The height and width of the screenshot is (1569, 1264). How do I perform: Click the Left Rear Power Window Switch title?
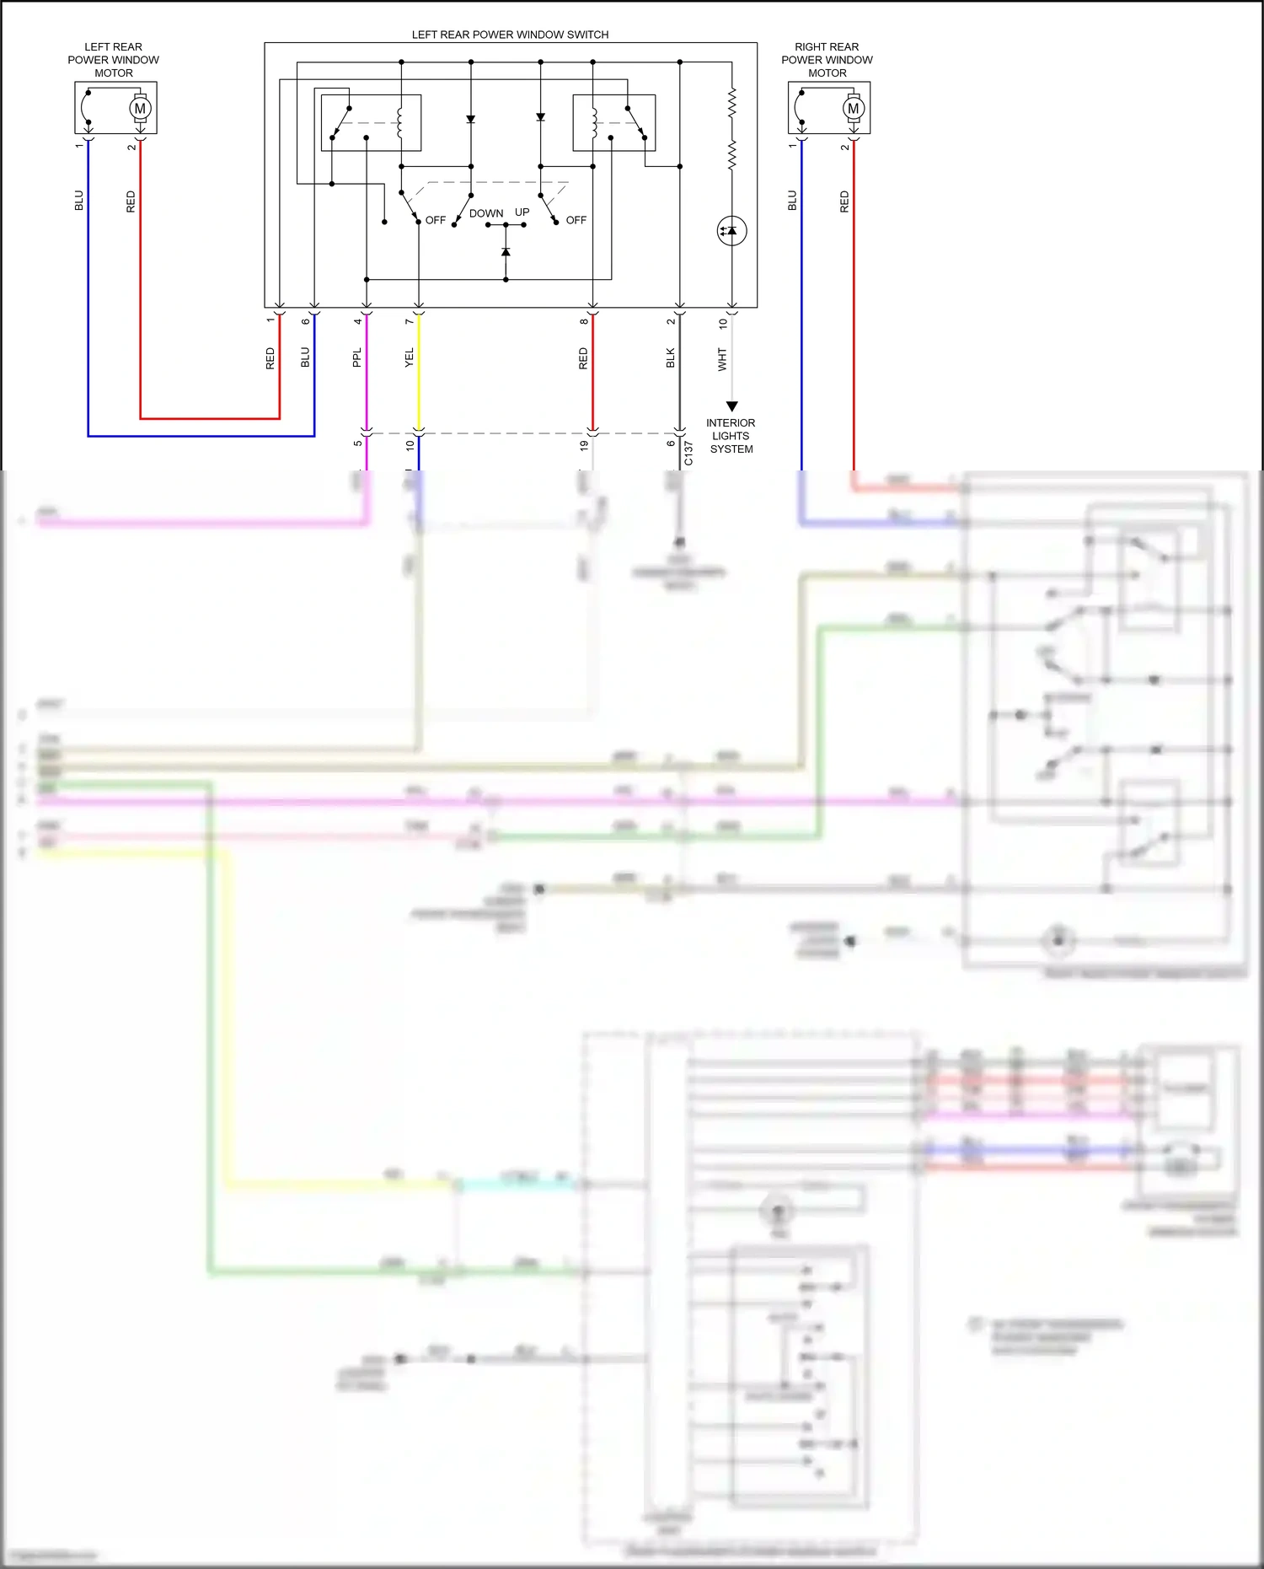click(510, 35)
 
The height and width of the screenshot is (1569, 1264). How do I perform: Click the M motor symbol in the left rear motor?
click(140, 108)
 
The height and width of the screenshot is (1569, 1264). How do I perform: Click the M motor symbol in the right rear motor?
click(853, 108)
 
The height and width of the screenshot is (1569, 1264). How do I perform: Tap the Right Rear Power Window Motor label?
click(827, 60)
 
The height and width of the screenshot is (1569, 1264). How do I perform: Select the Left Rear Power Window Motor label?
click(113, 60)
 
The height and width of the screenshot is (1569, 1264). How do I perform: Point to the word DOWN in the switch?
click(486, 213)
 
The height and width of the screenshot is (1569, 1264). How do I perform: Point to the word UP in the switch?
click(522, 212)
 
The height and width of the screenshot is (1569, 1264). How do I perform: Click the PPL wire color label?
click(356, 357)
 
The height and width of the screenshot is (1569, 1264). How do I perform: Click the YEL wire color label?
click(410, 357)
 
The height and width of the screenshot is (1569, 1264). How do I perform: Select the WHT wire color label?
click(722, 359)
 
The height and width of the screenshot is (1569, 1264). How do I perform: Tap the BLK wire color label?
click(671, 358)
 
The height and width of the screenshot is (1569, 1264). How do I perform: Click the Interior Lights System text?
click(731, 436)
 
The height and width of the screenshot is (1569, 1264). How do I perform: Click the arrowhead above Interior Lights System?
click(731, 406)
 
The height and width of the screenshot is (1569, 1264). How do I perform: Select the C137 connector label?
click(688, 453)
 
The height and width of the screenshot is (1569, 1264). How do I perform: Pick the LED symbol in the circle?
click(731, 231)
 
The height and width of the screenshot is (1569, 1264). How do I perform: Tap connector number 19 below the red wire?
click(584, 445)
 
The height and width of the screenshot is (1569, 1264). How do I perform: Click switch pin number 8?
click(584, 321)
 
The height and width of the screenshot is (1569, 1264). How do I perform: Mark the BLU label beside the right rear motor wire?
click(792, 201)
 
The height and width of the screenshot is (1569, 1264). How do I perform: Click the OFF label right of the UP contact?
click(576, 220)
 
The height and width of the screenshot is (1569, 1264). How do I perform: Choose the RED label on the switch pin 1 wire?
click(270, 358)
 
